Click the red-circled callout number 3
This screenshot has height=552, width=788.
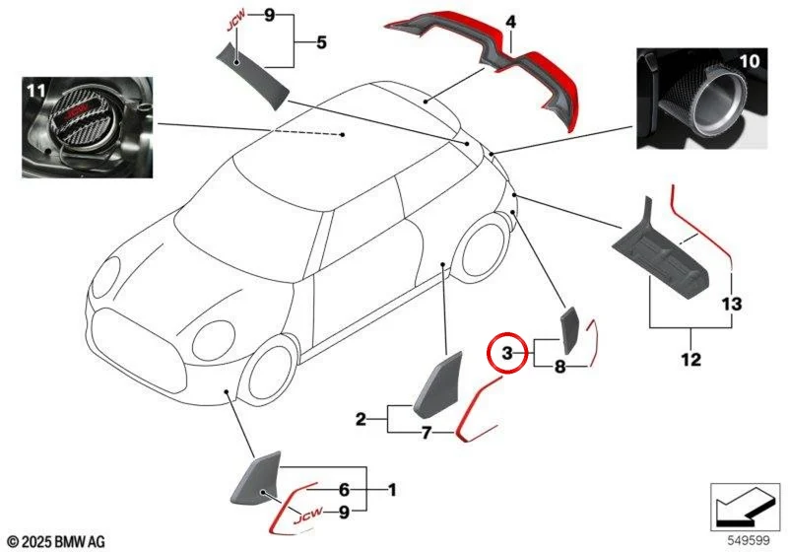click(507, 354)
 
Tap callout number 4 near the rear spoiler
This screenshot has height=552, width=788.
click(510, 22)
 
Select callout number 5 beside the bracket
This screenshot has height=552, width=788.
click(321, 42)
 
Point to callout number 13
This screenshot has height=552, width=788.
click(732, 305)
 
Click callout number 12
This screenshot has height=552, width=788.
click(691, 360)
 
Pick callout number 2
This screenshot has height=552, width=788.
click(361, 419)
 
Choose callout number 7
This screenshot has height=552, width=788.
click(427, 433)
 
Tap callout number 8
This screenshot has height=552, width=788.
click(559, 367)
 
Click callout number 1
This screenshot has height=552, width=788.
click(392, 489)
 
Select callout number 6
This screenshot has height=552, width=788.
click(344, 489)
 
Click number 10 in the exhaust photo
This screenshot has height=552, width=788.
click(750, 61)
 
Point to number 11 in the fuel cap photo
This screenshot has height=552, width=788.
click(36, 91)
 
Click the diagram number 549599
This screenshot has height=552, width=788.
click(749, 540)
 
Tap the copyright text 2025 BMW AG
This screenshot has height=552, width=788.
click(57, 541)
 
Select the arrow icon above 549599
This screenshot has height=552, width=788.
click(745, 507)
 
